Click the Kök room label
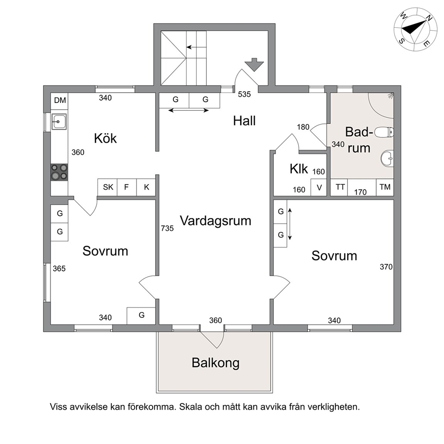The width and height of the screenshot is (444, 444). [105, 138]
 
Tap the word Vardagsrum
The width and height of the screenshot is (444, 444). [215, 221]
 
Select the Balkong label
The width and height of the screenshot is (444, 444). [215, 363]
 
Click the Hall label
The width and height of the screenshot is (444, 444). [244, 121]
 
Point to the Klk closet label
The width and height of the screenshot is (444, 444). [299, 169]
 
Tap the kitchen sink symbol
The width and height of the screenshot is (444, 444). [59, 122]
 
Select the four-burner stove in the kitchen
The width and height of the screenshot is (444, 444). [59, 172]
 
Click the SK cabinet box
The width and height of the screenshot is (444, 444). [107, 187]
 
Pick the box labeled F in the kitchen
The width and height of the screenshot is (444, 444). [127, 187]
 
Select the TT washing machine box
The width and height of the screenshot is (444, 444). [340, 187]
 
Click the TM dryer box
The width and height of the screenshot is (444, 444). [385, 187]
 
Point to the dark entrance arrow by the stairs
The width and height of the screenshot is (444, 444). [254, 64]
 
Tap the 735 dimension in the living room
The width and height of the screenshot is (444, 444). [167, 228]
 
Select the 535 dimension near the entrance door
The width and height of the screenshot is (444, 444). [244, 94]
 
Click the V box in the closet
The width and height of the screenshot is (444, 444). [319, 188]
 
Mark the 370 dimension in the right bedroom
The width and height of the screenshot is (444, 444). [386, 267]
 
